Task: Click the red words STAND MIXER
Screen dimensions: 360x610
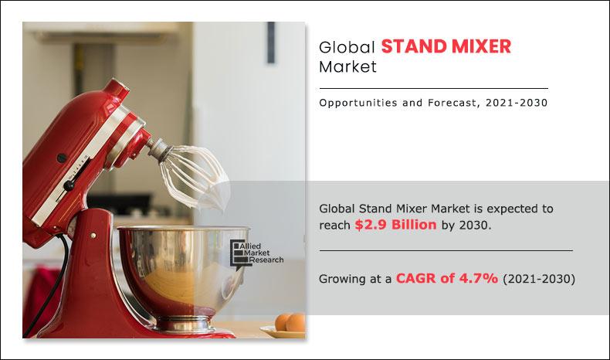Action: [446, 46]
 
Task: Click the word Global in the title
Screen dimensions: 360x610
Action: [347, 47]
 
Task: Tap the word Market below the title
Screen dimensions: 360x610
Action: [347, 67]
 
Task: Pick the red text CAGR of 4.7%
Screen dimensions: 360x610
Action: [436, 279]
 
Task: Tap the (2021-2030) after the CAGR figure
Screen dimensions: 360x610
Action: [538, 279]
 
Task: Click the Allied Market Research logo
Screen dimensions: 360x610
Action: [257, 253]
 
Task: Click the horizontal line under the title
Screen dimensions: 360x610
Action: [433, 89]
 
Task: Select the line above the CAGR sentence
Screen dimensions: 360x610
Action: [446, 251]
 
